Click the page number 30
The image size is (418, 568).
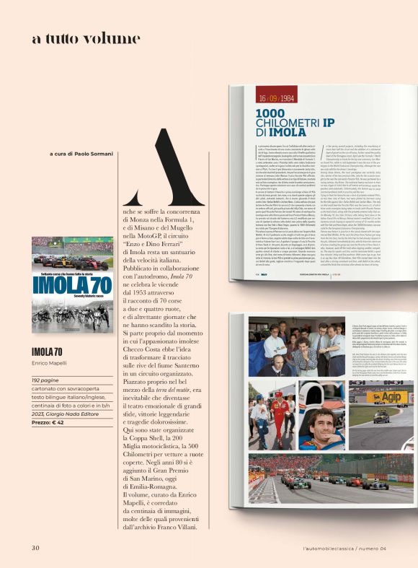pos(35,547)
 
